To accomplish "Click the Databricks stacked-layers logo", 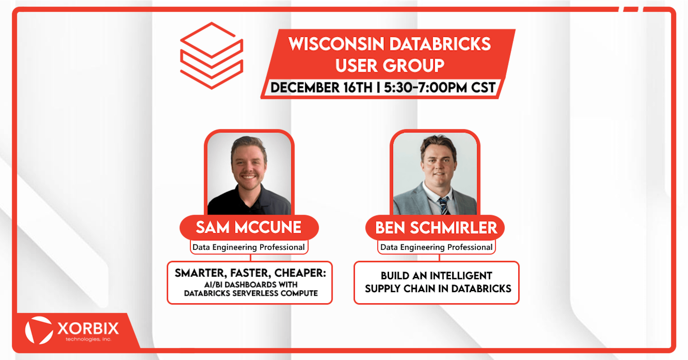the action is click(212, 55).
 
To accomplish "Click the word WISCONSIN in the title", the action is click(336, 44).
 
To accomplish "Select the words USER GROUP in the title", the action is click(390, 65).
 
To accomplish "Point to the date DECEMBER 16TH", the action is click(321, 87).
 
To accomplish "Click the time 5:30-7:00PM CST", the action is click(440, 87).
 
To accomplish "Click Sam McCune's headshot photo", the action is click(249, 173).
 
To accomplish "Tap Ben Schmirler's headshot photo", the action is click(435, 173).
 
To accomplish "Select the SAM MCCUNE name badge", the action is click(249, 228).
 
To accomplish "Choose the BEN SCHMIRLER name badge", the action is click(435, 228).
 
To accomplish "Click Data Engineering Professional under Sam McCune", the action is click(249, 247).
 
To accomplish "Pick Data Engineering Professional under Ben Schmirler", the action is click(436, 247).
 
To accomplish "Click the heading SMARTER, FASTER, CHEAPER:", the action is click(250, 273).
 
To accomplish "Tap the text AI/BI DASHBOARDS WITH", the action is click(251, 285).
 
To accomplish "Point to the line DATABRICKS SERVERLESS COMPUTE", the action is click(251, 293).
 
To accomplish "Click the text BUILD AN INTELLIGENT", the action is click(436, 276).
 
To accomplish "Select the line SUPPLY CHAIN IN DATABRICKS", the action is click(438, 289).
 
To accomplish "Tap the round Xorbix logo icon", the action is click(39, 330).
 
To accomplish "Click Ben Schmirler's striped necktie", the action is click(443, 205).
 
